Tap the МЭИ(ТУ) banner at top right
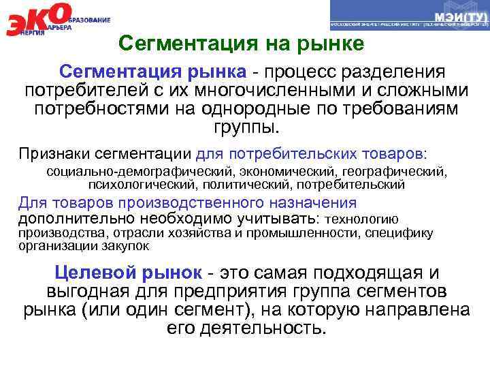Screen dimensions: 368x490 (409, 16)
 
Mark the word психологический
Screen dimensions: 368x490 (140, 183)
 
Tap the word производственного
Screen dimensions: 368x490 (193, 202)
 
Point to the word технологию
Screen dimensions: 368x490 (362, 219)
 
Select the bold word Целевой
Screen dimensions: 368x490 (92, 273)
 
